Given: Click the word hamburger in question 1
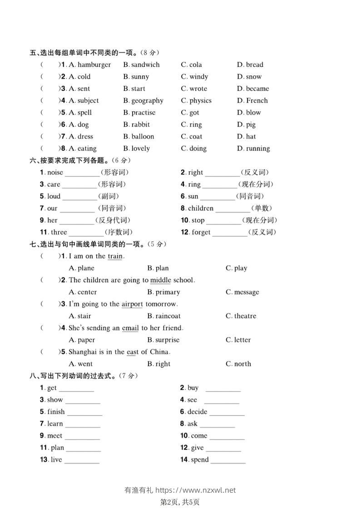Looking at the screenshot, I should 94,65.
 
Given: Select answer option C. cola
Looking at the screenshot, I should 192,65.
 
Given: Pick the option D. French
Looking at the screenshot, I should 252,101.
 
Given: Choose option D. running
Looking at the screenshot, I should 253,148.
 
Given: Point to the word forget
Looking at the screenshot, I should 201,232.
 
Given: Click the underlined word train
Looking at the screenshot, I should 115,256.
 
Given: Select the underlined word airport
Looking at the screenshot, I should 132,304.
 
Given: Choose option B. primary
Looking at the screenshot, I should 163,292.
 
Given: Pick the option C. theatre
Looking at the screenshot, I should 241,316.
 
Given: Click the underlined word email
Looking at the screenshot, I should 130,328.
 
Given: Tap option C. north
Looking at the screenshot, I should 238,364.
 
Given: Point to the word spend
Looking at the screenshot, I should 200,460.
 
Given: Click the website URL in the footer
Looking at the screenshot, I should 196,490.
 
